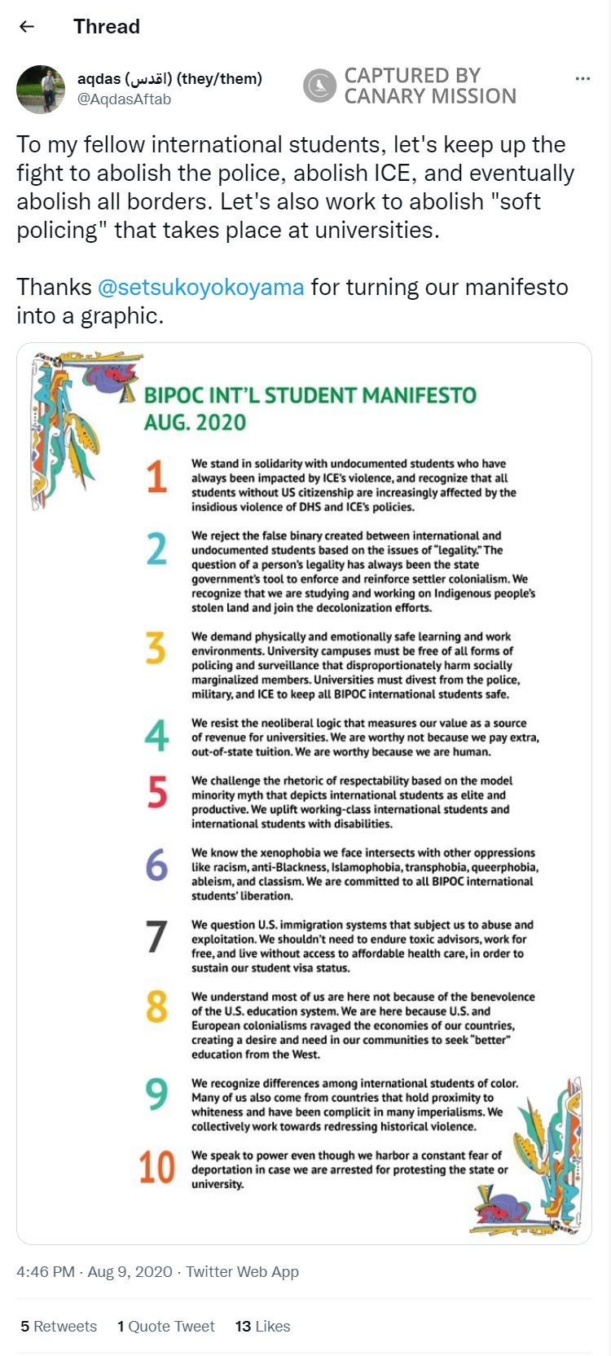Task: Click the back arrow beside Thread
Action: (27, 26)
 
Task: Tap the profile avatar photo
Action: (41, 89)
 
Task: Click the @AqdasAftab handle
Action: (124, 99)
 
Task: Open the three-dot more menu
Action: (582, 79)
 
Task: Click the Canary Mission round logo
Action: (320, 86)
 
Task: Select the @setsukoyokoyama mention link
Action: (200, 287)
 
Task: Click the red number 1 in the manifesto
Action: (156, 477)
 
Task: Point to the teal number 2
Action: (156, 549)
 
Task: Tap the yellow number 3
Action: (156, 649)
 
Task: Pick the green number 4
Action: (156, 736)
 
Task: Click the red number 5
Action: (156, 793)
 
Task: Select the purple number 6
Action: (156, 865)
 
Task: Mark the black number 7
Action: (156, 936)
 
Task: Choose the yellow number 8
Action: (156, 1008)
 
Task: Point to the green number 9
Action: (156, 1094)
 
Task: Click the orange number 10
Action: (156, 1167)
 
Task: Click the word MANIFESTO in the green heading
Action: (419, 396)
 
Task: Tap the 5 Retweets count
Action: (59, 1327)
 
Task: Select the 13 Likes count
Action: (262, 1327)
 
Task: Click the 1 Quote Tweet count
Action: (166, 1327)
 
